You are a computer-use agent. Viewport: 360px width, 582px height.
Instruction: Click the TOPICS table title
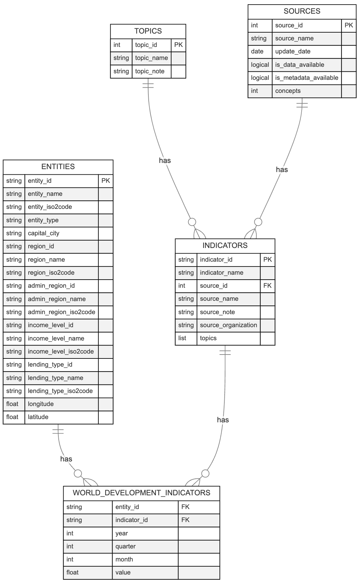148,31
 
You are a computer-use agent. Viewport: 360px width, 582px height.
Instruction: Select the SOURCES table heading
302,11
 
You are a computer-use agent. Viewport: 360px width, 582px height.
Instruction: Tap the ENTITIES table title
58,167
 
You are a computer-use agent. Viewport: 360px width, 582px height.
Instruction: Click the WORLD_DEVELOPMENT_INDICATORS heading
142,493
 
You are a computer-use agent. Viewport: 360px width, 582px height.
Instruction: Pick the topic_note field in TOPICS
150,71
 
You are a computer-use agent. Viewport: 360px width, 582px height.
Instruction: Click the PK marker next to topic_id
178,45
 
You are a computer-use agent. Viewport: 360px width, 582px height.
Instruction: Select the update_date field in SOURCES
293,51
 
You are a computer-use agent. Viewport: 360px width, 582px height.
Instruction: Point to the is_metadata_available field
307,78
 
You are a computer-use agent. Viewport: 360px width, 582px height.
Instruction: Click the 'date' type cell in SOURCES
257,51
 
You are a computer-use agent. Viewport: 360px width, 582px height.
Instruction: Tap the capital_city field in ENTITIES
44,233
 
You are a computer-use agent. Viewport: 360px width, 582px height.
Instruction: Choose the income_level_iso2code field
61,352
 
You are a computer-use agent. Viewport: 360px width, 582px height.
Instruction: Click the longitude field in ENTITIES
41,404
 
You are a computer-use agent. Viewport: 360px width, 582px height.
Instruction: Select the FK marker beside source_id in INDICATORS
267,286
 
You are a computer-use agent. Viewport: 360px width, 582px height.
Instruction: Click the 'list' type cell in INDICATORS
182,338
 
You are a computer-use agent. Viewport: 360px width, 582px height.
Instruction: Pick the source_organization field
228,325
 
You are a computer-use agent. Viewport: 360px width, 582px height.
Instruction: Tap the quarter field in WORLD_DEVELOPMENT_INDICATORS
126,546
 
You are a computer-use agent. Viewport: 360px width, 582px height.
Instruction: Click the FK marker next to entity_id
185,507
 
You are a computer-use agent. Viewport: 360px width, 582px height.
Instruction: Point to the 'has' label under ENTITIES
66,459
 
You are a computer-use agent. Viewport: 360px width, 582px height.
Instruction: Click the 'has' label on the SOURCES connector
282,169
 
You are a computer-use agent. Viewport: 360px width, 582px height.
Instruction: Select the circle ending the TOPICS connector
192,222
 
